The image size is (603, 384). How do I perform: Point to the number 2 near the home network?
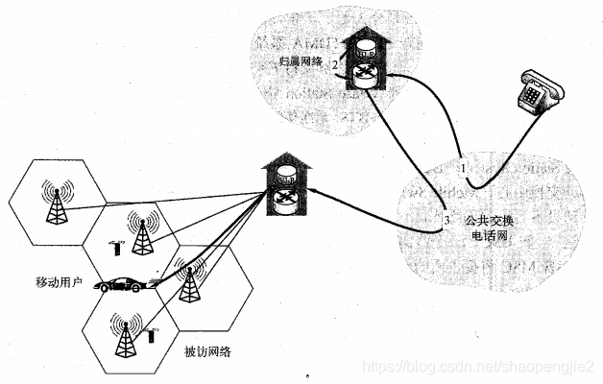(334, 65)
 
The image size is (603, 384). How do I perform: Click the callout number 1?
(463, 166)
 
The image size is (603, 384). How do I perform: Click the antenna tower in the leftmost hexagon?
(57, 203)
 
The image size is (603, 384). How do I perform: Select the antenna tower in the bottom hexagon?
(124, 332)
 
